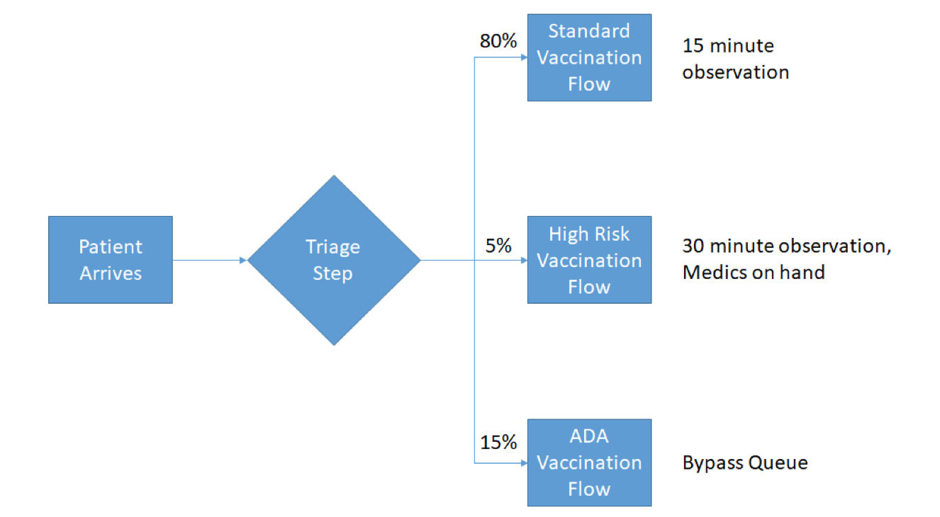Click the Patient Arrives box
(111, 259)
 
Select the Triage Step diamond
(334, 260)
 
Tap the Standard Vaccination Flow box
(589, 57)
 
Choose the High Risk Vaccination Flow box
(589, 259)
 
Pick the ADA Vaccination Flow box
(589, 462)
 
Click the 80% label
(498, 41)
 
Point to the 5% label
(498, 246)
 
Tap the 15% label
(498, 443)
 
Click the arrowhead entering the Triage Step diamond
(243, 260)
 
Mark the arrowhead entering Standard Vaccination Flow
(524, 57)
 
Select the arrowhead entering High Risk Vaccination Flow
(524, 260)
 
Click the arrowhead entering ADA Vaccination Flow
(524, 463)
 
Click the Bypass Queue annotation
(745, 463)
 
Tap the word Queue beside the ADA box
(778, 463)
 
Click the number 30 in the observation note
(693, 246)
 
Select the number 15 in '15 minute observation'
(693, 46)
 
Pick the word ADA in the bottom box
(589, 436)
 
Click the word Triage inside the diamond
(332, 247)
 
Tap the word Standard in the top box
(589, 31)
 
